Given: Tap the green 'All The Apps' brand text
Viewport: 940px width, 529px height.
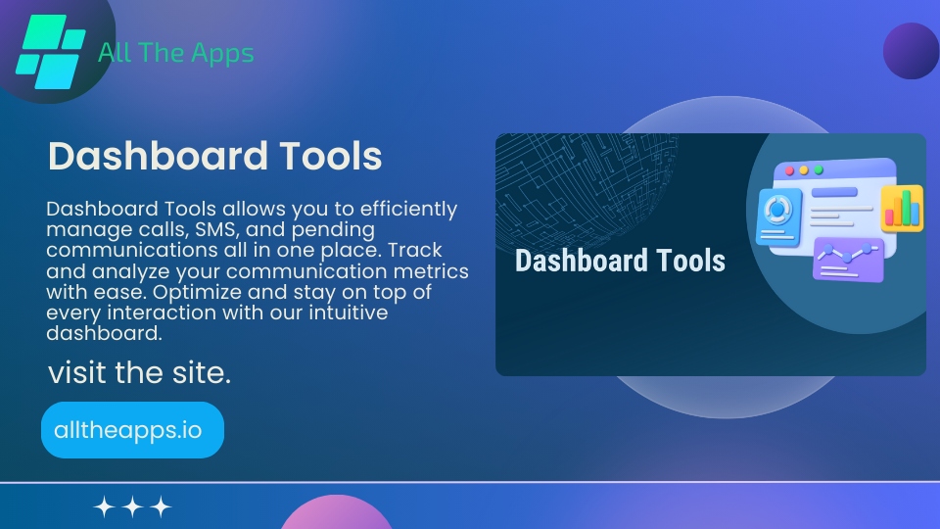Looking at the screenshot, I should pos(176,53).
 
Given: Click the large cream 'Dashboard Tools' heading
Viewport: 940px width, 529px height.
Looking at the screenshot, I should pos(214,157).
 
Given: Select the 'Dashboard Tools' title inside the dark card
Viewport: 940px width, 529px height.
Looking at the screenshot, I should pos(620,261).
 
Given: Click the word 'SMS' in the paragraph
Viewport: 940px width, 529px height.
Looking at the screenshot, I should pos(209,229).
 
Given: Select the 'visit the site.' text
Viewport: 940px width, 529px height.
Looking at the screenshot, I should pos(139,373).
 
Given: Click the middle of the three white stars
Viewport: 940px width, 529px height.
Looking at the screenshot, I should pos(133,506).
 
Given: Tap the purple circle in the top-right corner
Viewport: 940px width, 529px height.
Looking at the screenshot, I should pos(911,51).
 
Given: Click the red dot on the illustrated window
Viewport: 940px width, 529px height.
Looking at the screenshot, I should pos(789,170).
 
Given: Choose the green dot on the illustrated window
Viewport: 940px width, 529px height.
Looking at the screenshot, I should pos(819,170).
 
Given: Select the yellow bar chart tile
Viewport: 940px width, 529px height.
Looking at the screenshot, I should pos(901,208).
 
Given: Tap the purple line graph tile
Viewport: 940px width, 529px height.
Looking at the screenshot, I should pos(848,260).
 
